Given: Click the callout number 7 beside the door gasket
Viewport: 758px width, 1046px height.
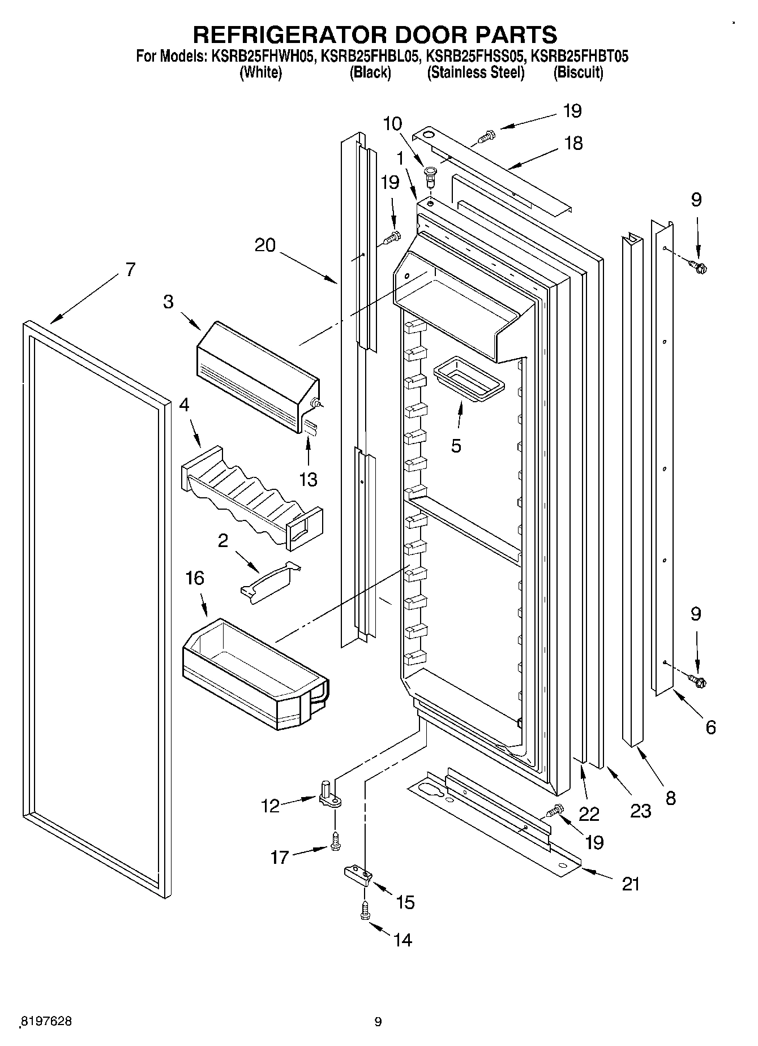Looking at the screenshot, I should click(130, 270).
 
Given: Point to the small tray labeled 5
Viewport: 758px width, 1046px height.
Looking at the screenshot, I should click(468, 379).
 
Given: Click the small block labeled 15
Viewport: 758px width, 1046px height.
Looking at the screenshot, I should click(358, 876).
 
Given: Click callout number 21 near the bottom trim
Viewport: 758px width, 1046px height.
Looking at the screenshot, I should click(631, 883).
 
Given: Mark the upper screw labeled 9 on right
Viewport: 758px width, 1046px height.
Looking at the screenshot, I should click(697, 266).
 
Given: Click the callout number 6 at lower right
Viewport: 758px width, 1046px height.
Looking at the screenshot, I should click(710, 727).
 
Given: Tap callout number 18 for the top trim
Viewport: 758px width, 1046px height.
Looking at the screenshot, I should click(573, 143).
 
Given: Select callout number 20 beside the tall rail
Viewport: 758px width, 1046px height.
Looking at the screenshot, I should click(265, 245).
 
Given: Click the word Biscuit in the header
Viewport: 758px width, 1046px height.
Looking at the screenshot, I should click(578, 72).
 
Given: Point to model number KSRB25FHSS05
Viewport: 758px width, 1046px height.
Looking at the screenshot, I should click(474, 57).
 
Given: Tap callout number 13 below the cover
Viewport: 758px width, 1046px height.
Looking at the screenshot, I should click(308, 479).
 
